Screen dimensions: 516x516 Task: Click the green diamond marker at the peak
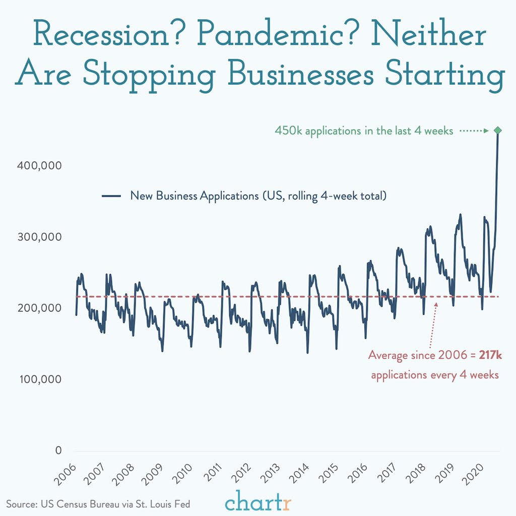pyautogui.click(x=498, y=131)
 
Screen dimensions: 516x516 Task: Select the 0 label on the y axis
pyautogui.click(x=58, y=450)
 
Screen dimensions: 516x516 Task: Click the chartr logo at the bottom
pyautogui.click(x=258, y=502)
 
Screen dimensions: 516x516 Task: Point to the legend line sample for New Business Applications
pyautogui.click(x=111, y=196)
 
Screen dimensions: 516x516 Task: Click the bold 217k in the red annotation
pyautogui.click(x=490, y=355)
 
